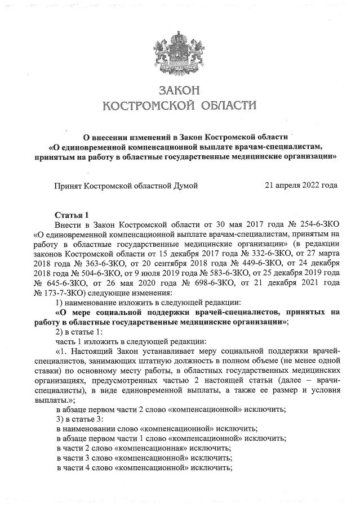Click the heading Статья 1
pos(72,215)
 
